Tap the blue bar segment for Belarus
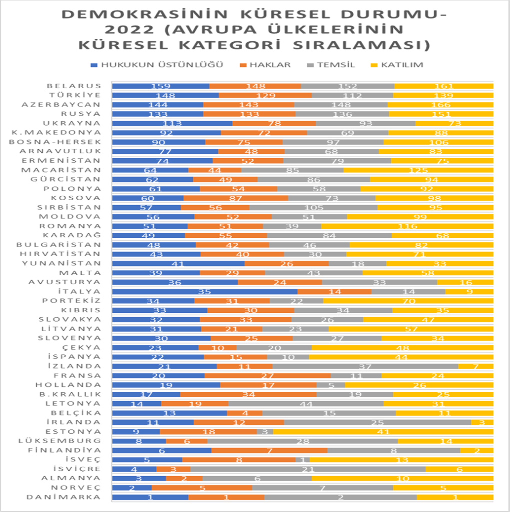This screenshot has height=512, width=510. (160, 86)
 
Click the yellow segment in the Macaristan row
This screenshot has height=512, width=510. (418, 170)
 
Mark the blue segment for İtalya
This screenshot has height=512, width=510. (204, 292)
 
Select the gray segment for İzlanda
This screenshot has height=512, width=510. (365, 366)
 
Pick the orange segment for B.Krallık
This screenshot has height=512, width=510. (248, 394)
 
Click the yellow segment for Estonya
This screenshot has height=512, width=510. (383, 432)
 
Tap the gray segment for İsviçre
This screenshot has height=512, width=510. (308, 469)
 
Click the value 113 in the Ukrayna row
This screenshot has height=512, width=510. (172, 123)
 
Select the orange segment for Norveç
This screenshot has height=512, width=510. (202, 488)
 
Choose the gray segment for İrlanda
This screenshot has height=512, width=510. (377, 422)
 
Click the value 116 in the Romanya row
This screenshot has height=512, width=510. (407, 226)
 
